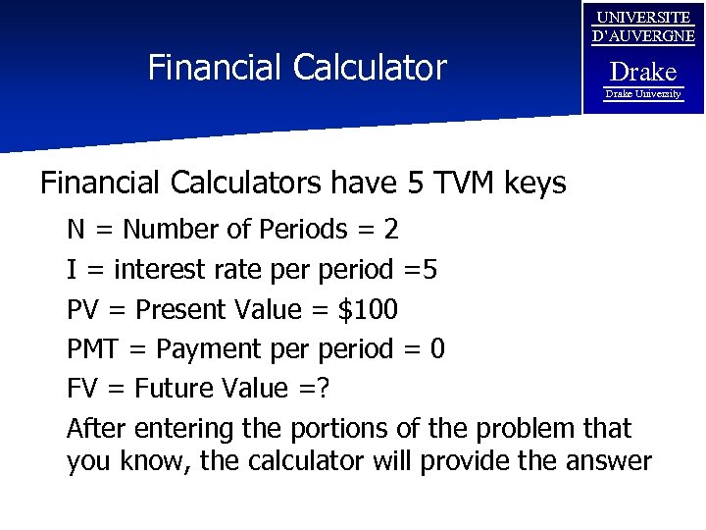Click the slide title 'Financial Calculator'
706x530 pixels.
[296, 68]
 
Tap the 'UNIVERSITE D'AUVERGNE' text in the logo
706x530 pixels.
[643, 27]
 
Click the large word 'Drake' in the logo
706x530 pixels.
[643, 72]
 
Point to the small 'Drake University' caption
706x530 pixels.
[643, 94]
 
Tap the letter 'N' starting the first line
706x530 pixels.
[76, 231]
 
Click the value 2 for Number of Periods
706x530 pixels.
[390, 231]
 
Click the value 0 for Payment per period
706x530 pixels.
[437, 349]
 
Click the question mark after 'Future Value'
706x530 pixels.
[324, 390]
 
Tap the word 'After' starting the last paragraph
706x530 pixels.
[96, 429]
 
